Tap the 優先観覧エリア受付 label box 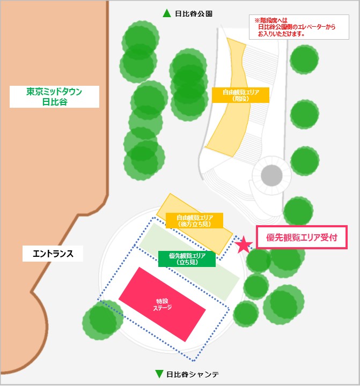(x=302, y=237)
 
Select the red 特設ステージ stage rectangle (x=162, y=305)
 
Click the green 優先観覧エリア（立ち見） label (x=187, y=258)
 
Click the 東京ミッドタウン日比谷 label (x=55, y=96)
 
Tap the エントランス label (x=53, y=253)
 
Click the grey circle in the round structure (x=271, y=174)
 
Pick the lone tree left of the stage (x=102, y=320)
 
